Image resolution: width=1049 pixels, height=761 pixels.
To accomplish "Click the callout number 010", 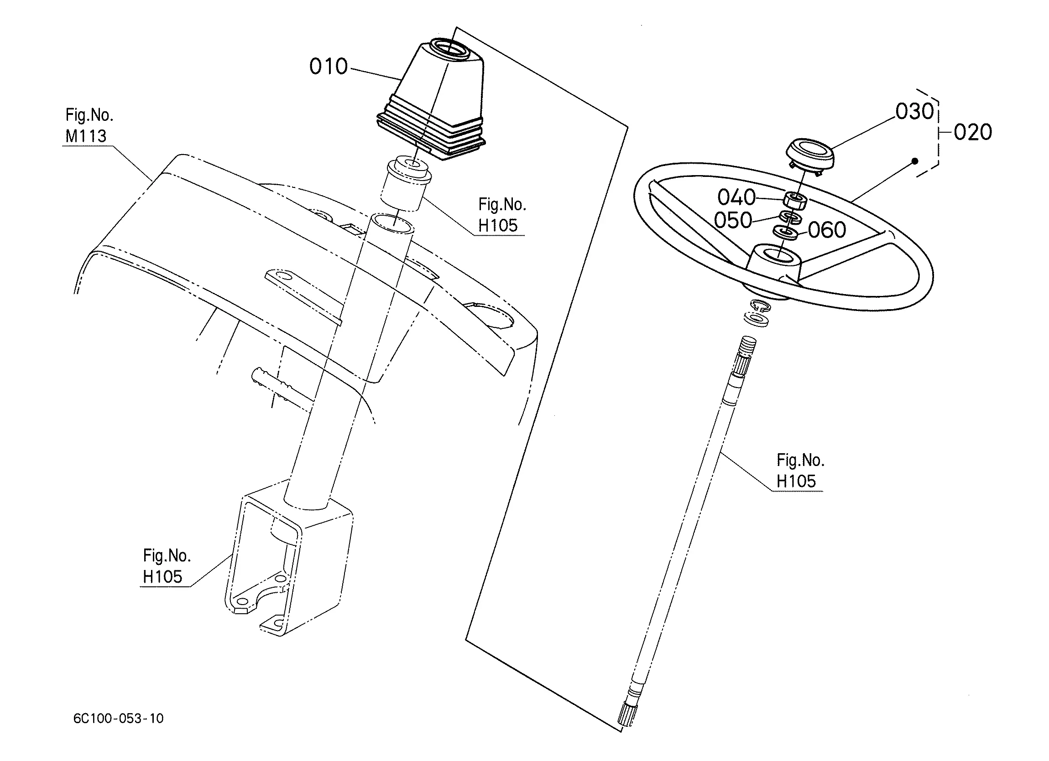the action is (x=329, y=67).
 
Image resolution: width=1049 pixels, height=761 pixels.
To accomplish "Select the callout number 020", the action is (x=973, y=132).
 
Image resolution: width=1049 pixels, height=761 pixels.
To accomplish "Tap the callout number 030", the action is (x=914, y=111).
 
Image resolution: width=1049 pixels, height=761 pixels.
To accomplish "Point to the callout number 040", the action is (x=736, y=197).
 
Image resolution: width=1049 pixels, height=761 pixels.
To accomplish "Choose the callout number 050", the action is (x=733, y=220).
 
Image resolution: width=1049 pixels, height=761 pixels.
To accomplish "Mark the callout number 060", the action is (x=827, y=230).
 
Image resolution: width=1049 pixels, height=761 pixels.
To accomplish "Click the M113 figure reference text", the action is (x=86, y=136).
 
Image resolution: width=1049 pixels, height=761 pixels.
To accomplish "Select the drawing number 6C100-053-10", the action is (x=118, y=718).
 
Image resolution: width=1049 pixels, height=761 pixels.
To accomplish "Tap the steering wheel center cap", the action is (x=810, y=155).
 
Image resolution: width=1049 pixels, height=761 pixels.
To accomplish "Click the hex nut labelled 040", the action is (x=795, y=201).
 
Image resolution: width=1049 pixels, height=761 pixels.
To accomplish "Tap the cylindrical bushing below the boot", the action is (x=406, y=184).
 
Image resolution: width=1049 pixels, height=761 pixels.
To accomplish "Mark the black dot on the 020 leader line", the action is (x=915, y=161).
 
